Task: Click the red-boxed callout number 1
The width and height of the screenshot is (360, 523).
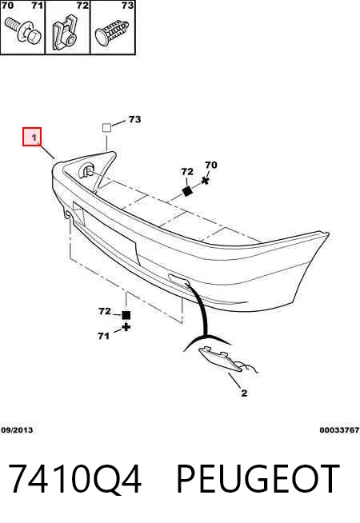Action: point(34,137)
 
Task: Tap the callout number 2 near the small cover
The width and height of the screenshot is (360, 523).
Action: point(244,393)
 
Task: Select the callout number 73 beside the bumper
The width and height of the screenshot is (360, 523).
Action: point(134,119)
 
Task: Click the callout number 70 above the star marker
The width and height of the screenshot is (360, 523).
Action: point(211,165)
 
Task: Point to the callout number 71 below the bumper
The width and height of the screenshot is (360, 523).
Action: point(103,336)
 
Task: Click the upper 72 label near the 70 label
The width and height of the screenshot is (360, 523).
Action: point(187,171)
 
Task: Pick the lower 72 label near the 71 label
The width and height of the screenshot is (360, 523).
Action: point(105,311)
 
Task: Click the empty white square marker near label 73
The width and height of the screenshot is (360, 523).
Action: point(106,127)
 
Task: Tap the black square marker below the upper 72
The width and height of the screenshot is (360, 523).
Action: point(187,191)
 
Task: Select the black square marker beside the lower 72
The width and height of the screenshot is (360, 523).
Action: point(126,315)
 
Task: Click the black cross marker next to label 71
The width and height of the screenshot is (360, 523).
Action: point(126,327)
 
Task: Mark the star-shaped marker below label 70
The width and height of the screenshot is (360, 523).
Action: point(206,181)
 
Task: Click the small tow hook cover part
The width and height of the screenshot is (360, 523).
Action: point(220,359)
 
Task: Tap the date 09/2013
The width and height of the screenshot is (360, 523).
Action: point(17,430)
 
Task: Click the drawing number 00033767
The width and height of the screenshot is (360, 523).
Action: point(339,430)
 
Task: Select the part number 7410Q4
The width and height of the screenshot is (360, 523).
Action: point(75,479)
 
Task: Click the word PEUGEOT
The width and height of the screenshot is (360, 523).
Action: point(258,479)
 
